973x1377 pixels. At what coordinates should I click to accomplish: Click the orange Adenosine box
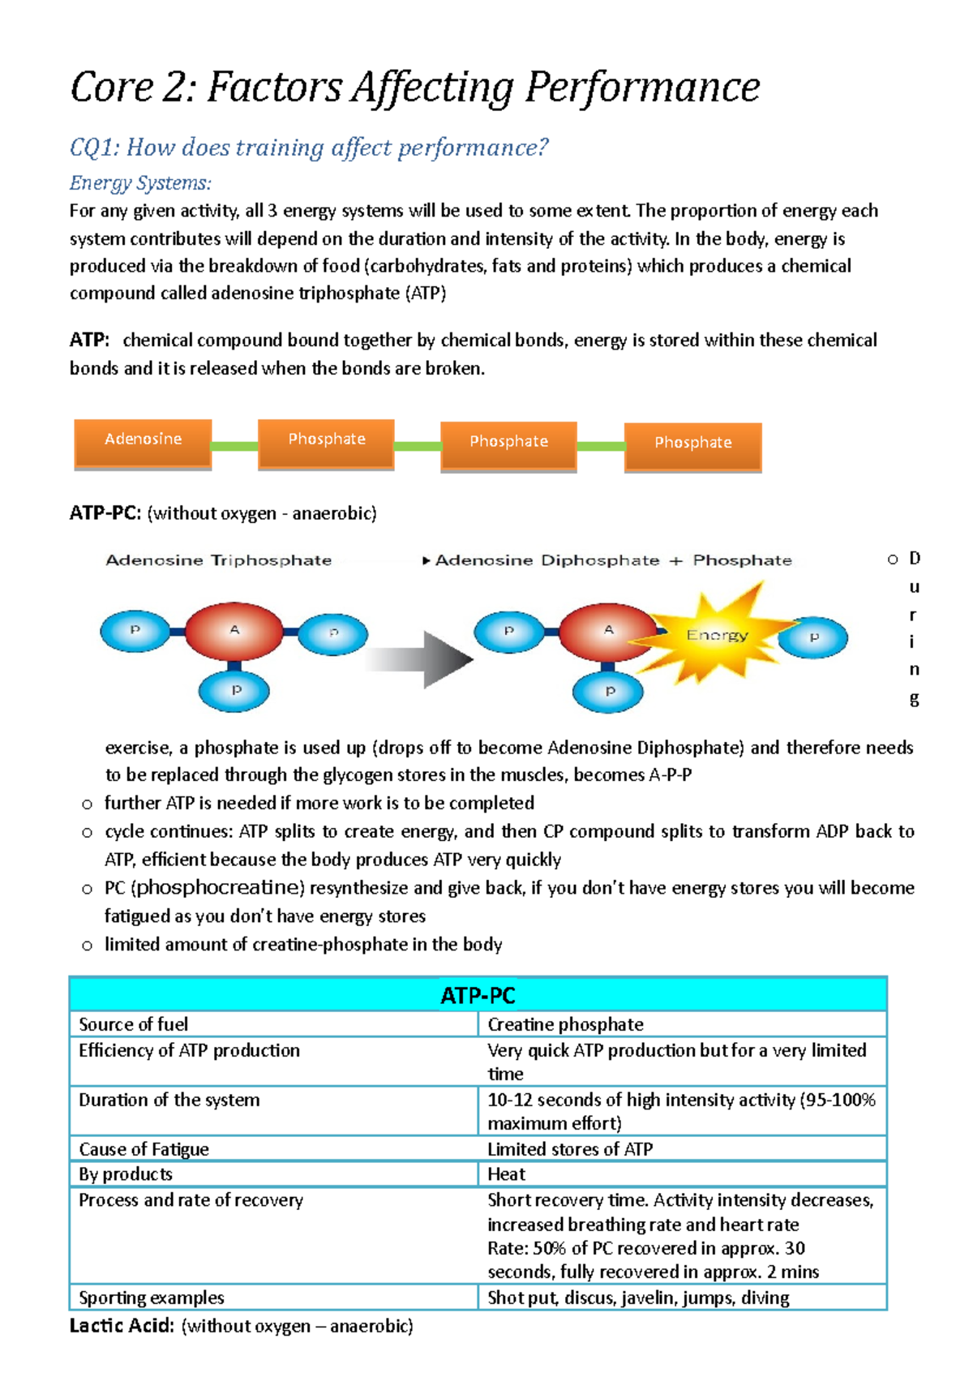coord(143,442)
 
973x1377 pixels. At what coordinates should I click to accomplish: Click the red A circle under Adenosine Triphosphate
coord(234,630)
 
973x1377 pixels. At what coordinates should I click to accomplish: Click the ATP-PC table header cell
coord(478,995)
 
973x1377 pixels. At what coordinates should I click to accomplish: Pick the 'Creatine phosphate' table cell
coord(565,1024)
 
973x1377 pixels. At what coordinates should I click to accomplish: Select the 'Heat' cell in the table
coord(507,1173)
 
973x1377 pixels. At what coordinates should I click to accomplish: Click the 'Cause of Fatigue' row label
coord(144,1149)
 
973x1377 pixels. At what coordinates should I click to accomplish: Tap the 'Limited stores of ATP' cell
coord(570,1149)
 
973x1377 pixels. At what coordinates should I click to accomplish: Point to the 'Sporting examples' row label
coord(152,1298)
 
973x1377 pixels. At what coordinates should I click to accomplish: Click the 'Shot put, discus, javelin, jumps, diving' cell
coord(638,1298)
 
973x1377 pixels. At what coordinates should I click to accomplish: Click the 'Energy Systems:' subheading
coord(140,183)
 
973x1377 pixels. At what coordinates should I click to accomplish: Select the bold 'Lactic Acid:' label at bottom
coord(122,1326)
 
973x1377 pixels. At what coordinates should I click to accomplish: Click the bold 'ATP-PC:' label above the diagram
coord(105,513)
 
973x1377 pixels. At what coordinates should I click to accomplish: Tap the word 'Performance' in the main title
coord(642,88)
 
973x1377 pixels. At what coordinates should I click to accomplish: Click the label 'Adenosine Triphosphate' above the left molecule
coord(219,560)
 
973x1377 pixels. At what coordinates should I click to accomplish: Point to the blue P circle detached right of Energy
coord(813,637)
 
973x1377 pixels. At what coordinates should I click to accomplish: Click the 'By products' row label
coord(126,1173)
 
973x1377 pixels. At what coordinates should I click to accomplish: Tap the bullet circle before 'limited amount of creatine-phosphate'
coord(88,946)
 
